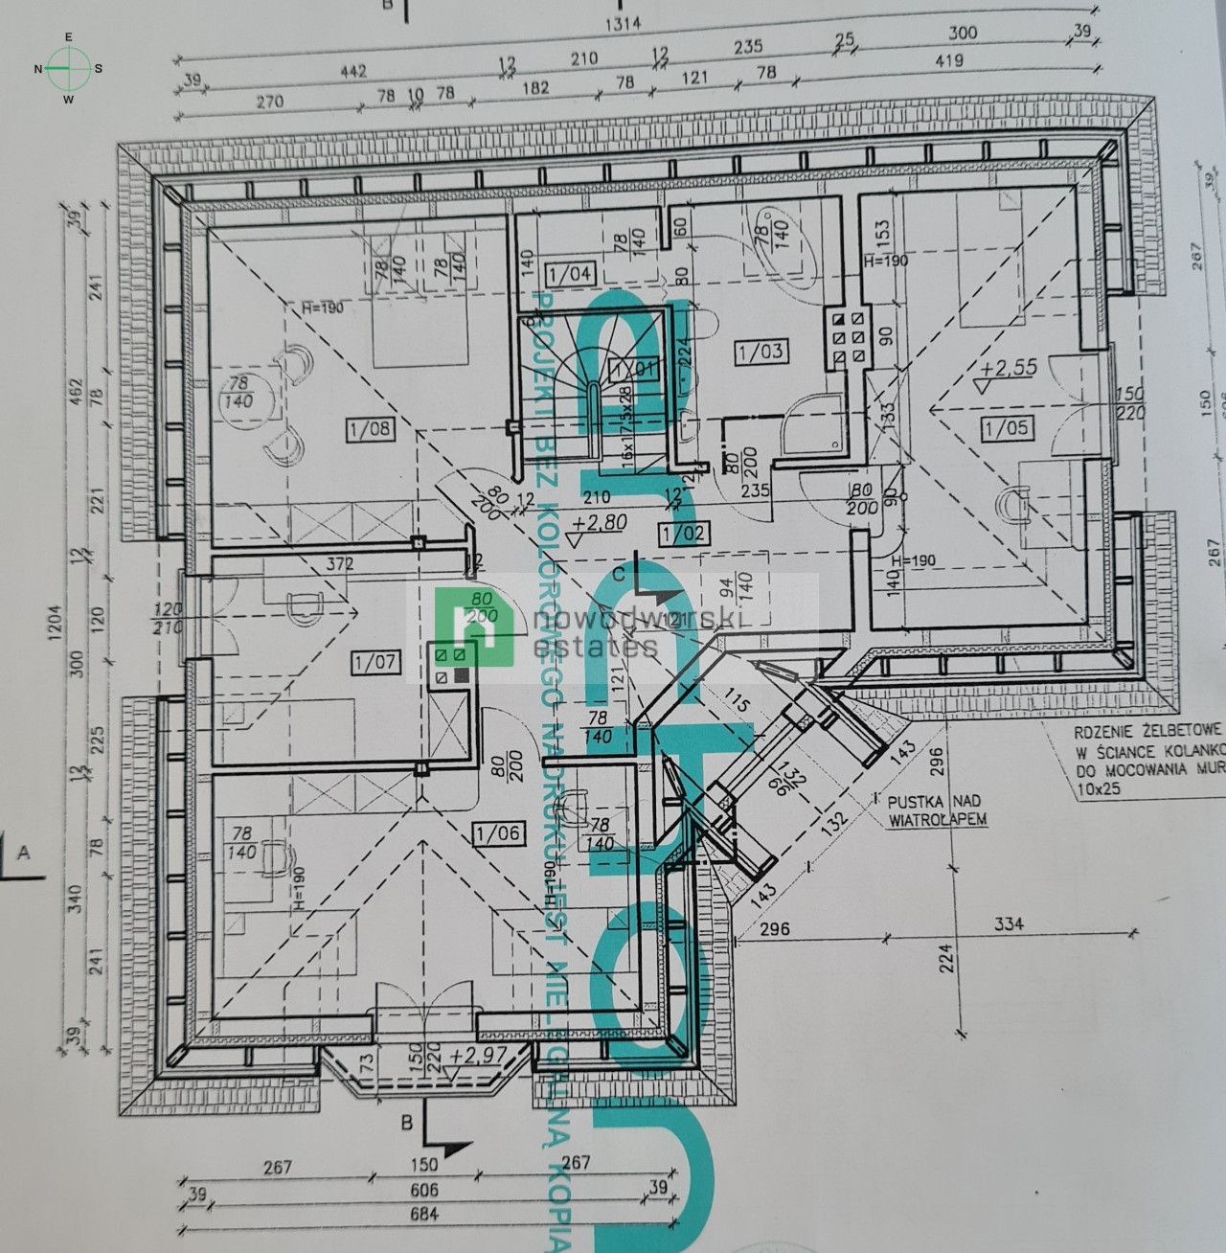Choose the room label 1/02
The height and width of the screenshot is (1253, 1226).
click(684, 534)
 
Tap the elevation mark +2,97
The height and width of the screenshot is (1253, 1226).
click(476, 1055)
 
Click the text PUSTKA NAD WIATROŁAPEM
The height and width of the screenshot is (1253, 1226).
click(934, 809)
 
